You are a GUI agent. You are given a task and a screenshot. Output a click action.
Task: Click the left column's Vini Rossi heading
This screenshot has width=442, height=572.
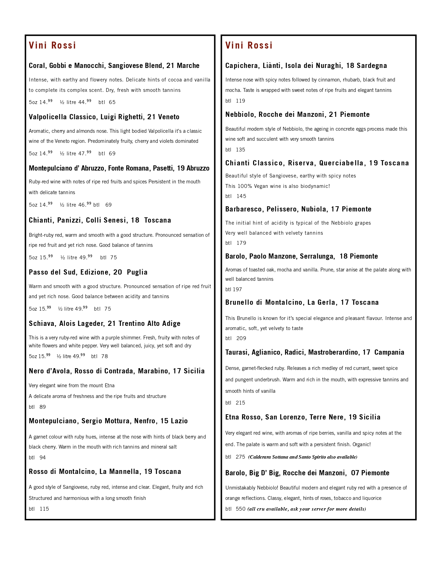pyautogui.click(x=52, y=45)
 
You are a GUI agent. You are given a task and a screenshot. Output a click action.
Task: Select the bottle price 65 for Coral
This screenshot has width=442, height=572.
pyautogui.click(x=112, y=102)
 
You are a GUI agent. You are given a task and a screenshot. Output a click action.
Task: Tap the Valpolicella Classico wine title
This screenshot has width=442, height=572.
pyautogui.click(x=104, y=117)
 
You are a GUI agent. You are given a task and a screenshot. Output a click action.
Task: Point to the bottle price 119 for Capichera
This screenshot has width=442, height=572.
pyautogui.click(x=240, y=101)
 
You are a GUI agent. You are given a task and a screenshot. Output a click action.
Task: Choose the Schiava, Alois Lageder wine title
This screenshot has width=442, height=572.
pyautogui.click(x=104, y=323)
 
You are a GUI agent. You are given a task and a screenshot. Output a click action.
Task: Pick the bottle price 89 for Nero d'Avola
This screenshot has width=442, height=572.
pyautogui.click(x=43, y=407)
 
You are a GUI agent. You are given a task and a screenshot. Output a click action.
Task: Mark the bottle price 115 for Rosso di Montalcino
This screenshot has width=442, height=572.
pyautogui.click(x=44, y=509)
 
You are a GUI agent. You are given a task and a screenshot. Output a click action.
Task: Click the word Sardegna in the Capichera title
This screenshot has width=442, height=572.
pyautogui.click(x=372, y=66)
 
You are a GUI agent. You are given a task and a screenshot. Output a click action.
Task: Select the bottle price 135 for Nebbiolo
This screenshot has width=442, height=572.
pyautogui.click(x=240, y=150)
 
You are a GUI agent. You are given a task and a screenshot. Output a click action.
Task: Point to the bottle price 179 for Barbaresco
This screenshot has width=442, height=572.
pyautogui.click(x=241, y=243)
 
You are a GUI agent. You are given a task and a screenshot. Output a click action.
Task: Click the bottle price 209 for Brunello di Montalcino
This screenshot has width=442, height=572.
pyautogui.click(x=241, y=338)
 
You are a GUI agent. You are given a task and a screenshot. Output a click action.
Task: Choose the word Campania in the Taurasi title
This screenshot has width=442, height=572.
pyautogui.click(x=389, y=352)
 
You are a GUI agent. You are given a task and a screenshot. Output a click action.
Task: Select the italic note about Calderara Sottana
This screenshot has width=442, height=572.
pyautogui.click(x=303, y=457)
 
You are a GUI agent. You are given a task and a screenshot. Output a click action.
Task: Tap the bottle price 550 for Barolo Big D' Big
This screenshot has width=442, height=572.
pyautogui.click(x=241, y=509)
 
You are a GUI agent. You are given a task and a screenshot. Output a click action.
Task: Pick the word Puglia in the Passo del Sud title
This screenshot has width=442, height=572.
pyautogui.click(x=137, y=272)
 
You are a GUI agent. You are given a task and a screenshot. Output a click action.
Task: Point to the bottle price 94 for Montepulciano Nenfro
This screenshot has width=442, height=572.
pyautogui.click(x=43, y=458)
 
